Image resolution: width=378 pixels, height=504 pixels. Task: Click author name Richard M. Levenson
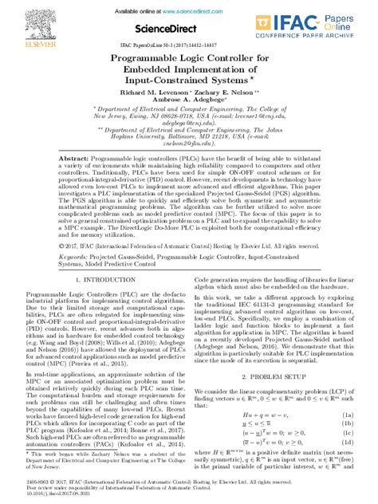[140, 93]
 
